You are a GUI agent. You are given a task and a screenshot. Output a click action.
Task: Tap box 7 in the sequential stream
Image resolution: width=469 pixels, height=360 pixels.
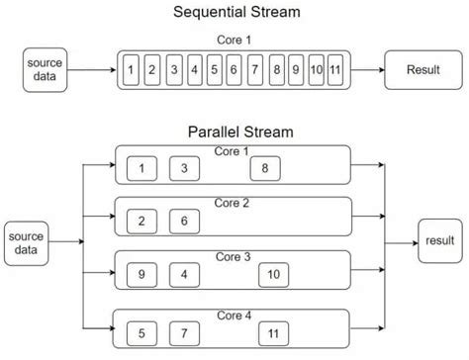(255, 71)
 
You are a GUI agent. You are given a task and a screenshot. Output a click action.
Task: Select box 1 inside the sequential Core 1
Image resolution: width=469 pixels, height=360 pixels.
(131, 71)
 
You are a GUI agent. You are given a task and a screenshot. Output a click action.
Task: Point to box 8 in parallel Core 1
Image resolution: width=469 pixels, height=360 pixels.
(265, 168)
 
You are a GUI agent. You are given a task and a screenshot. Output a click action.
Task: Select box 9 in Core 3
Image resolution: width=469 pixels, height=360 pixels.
(142, 273)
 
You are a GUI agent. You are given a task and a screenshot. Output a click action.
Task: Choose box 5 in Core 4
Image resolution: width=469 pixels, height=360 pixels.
(142, 330)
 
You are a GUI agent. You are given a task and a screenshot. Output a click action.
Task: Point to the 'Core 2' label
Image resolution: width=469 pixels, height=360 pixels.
(232, 202)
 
